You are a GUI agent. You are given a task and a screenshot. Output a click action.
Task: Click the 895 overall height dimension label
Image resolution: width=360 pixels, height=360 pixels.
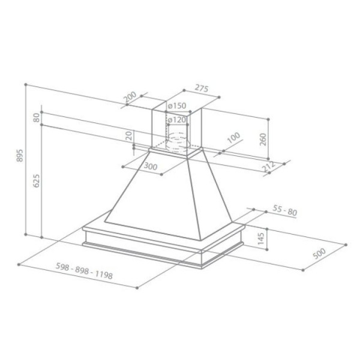tap(20, 155)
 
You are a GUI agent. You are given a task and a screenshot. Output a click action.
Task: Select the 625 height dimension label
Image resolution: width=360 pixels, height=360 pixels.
tap(37, 181)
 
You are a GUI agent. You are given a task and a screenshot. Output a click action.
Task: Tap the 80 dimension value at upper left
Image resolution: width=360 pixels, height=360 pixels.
tap(37, 118)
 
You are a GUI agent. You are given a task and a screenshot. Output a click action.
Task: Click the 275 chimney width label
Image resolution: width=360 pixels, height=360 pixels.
tap(202, 88)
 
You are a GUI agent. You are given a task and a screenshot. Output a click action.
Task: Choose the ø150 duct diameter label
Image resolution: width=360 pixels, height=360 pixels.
tap(177, 106)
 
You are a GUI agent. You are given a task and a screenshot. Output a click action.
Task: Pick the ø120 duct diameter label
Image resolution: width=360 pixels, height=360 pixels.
tap(176, 120)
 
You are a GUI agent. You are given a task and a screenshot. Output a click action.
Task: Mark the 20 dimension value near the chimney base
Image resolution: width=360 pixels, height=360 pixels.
tap(129, 136)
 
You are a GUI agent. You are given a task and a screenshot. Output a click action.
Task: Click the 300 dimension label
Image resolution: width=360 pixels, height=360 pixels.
tap(151, 166)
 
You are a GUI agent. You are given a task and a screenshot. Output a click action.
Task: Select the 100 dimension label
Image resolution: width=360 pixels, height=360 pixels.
tap(234, 138)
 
